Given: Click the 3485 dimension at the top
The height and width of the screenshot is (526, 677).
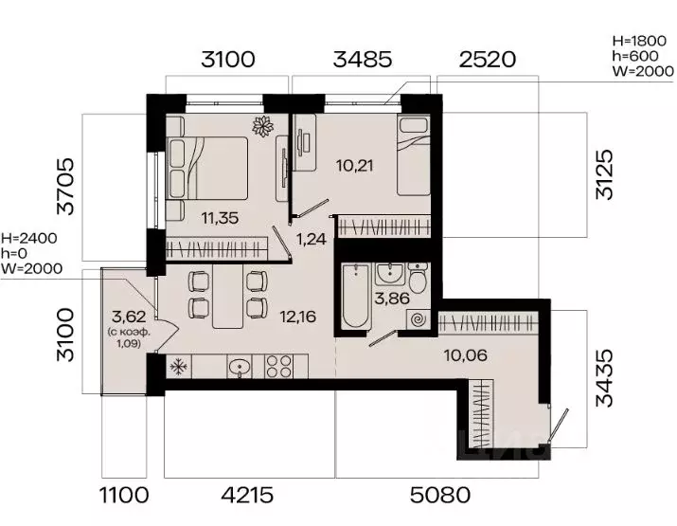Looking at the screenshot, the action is [363, 59].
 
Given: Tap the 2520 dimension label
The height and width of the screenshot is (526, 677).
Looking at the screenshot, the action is [487, 59].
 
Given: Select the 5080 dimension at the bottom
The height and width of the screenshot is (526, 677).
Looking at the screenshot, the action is [440, 495].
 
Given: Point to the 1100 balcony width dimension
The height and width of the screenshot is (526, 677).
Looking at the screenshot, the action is [124, 495].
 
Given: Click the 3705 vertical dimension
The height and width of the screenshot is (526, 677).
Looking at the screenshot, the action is [65, 187].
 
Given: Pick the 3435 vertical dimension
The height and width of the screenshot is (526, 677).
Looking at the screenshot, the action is [604, 378].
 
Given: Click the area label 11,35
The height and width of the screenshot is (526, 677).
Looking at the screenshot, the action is [220, 218].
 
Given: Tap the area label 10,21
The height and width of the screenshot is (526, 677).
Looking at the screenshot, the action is [355, 165].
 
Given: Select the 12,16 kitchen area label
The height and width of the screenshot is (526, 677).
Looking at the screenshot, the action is [298, 317].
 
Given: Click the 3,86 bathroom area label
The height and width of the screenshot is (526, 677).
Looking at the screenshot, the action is [392, 298].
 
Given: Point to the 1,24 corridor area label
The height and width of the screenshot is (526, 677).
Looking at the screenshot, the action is [311, 239].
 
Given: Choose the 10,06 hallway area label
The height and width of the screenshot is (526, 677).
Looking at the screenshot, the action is [466, 355].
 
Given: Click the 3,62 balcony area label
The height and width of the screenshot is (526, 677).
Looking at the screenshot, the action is [129, 317].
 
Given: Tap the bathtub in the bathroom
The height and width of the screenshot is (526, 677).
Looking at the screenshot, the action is [356, 297].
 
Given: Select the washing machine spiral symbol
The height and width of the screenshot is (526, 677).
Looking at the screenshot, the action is [418, 320].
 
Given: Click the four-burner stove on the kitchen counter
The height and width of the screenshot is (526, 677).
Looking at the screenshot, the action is [279, 367].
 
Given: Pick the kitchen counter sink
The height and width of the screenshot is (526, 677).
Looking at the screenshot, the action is [239, 367].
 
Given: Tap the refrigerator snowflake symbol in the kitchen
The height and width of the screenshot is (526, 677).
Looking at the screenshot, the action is [178, 367].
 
